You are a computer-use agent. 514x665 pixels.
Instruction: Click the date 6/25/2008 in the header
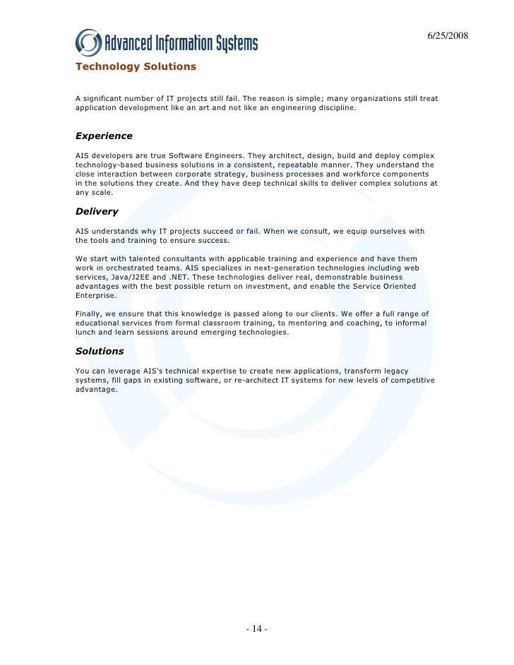coord(448,36)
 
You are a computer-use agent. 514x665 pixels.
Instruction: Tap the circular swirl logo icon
coord(88,42)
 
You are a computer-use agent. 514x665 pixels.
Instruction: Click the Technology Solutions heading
coord(136,67)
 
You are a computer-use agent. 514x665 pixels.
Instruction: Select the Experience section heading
coord(104,136)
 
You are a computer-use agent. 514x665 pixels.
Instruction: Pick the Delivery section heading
coord(97,211)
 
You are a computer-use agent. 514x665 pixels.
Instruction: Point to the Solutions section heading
coord(100,351)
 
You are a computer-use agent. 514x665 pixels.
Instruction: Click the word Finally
coord(90,313)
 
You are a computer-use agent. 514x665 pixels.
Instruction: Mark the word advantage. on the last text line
coord(97,389)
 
